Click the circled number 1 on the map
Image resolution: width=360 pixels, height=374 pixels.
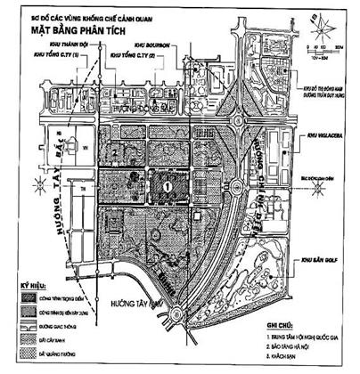tap(167, 184)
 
